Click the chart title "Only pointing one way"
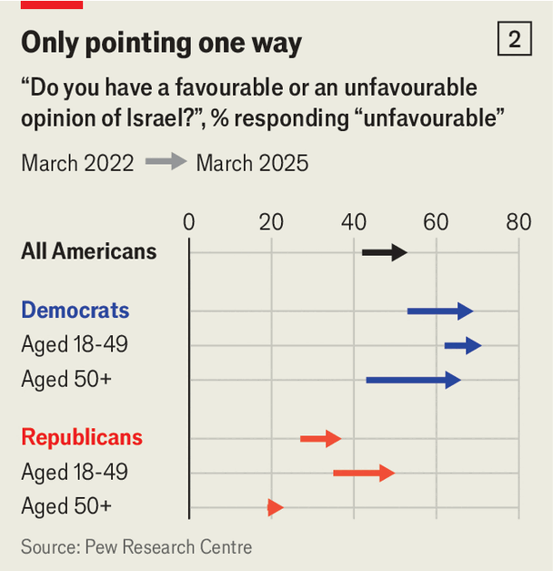click(161, 43)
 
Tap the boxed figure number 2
click(514, 40)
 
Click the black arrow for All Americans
click(385, 252)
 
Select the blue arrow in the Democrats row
click(440, 311)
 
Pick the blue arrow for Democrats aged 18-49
click(463, 345)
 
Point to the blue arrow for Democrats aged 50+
click(414, 380)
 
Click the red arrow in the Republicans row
click(320, 438)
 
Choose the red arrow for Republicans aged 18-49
click(364, 473)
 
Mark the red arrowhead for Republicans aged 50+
click(276, 507)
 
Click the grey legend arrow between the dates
click(166, 163)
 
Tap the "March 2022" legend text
click(77, 163)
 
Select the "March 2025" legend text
click(252, 163)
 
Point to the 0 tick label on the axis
click(189, 222)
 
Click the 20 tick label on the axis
click(271, 222)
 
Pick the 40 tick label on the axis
click(354, 222)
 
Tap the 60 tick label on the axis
click(437, 222)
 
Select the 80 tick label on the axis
click(518, 222)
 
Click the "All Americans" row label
click(89, 252)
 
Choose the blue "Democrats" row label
click(75, 311)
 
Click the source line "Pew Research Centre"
click(136, 547)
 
